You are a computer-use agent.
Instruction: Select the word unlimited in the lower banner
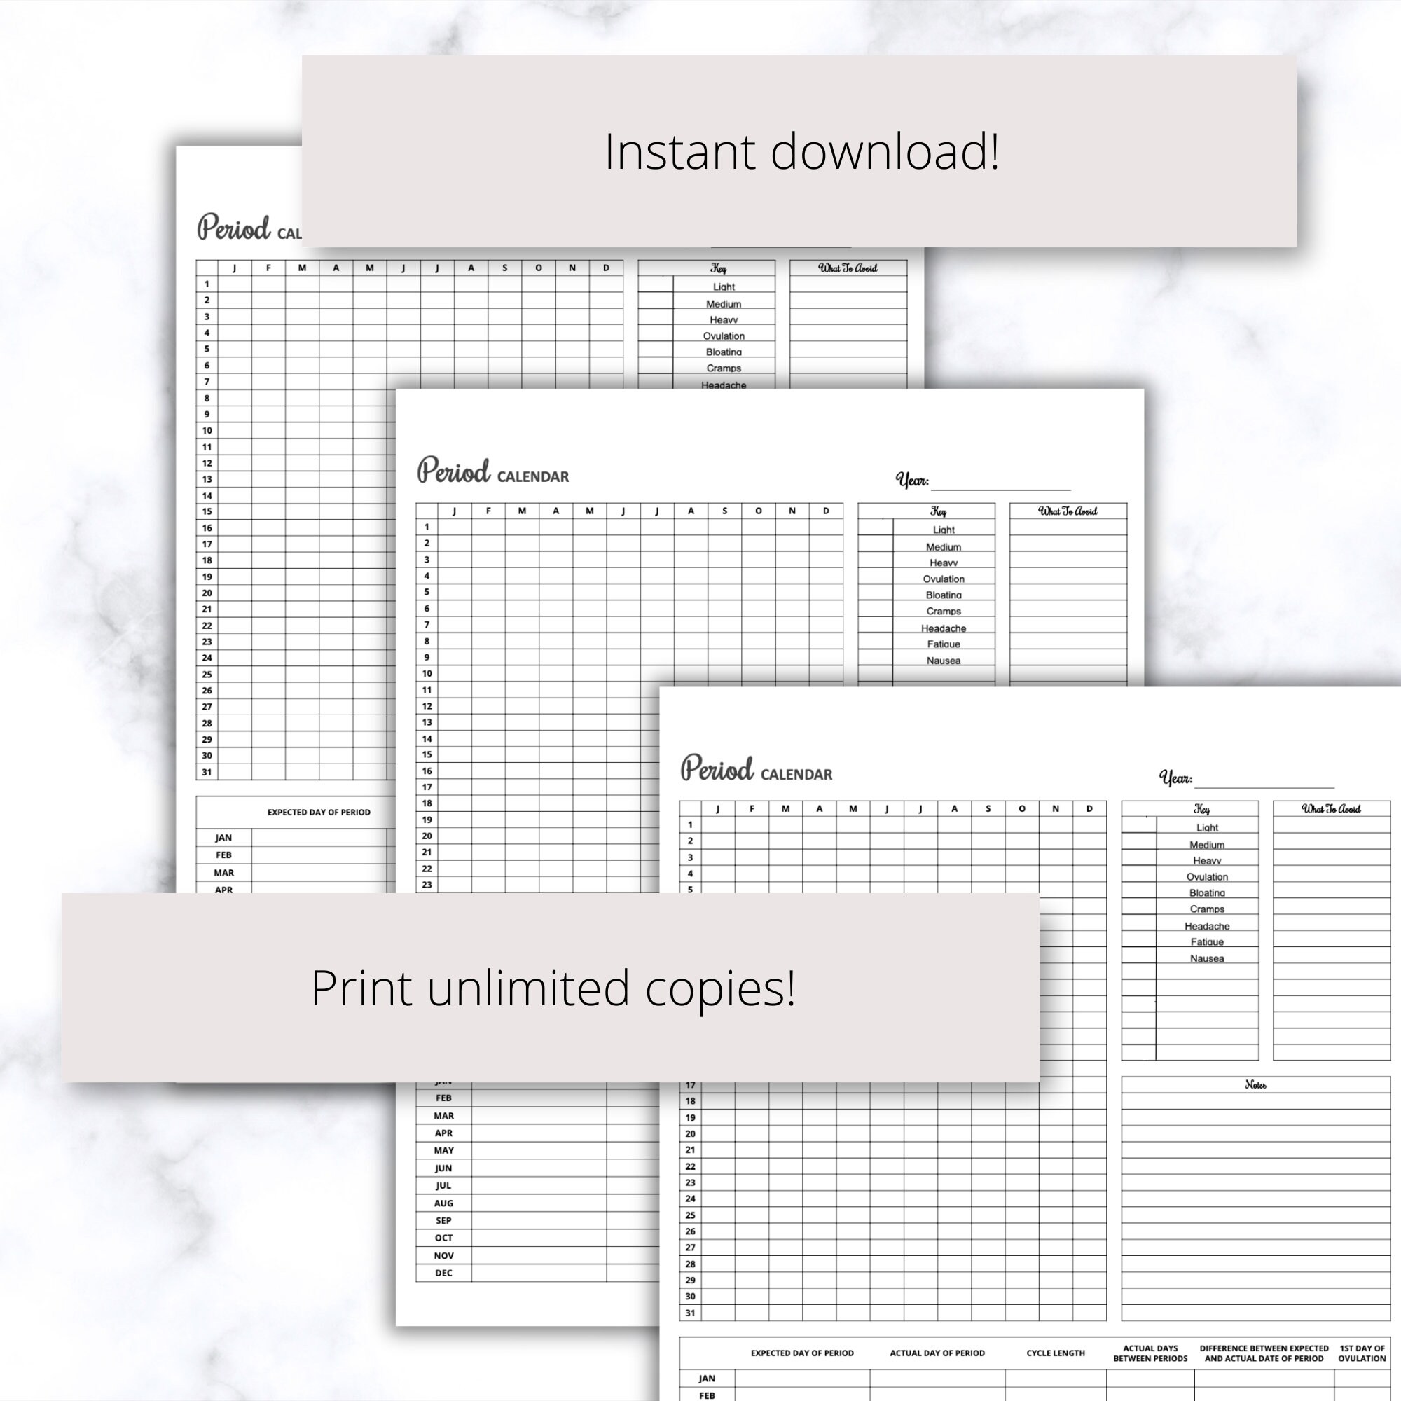528,988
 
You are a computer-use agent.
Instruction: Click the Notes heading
1255,1085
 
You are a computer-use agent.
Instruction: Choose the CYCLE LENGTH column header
1055,1353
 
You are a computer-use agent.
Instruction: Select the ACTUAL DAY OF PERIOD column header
937,1353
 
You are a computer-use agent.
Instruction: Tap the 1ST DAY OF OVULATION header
1362,1353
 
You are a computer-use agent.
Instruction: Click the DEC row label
444,1273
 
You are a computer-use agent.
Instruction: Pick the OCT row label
444,1238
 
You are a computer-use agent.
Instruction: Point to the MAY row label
444,1150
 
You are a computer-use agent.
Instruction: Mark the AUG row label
444,1203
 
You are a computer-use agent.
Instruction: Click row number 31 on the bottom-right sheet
691,1313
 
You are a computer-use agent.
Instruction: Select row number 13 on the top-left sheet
207,479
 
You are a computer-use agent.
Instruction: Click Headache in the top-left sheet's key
724,385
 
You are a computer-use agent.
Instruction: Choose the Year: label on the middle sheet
912,480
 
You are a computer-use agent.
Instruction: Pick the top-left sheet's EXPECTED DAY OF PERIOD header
318,812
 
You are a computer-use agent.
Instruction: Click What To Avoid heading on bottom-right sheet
1332,809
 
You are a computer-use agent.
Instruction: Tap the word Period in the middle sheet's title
454,471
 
